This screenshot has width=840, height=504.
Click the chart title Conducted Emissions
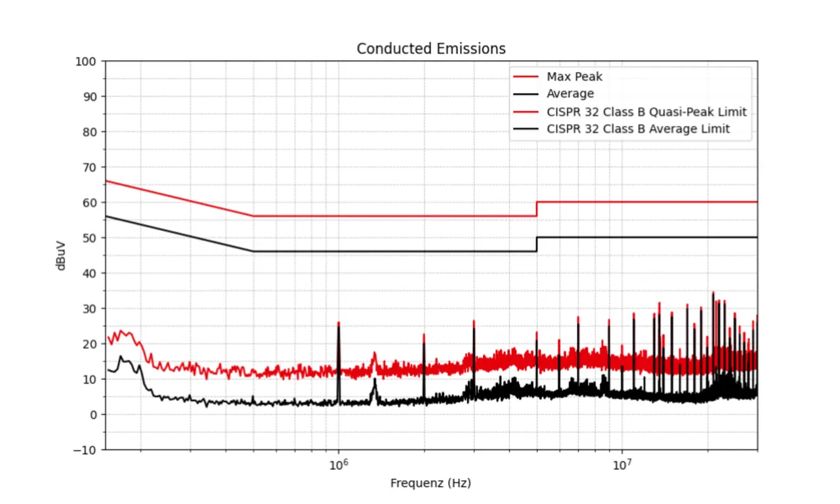pos(430,49)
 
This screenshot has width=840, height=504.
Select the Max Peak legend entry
pos(574,77)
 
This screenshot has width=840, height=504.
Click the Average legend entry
pos(570,94)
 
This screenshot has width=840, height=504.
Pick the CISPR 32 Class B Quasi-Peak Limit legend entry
pos(646,112)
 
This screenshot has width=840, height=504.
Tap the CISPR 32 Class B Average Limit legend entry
pos(637,129)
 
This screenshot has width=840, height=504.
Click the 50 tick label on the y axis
pos(89,238)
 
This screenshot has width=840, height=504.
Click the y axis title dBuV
pos(61,255)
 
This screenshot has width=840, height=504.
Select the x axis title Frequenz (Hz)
pos(430,484)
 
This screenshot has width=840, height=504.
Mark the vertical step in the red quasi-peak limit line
pos(537,209)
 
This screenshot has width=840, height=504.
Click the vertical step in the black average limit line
pos(537,244)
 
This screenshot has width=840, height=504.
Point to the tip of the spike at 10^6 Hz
pos(339,323)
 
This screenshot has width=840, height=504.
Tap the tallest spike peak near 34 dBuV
pos(713,293)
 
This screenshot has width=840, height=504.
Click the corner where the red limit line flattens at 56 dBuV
pos(253,216)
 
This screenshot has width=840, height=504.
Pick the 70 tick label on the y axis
pos(89,167)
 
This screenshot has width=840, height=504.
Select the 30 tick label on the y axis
pos(89,308)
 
